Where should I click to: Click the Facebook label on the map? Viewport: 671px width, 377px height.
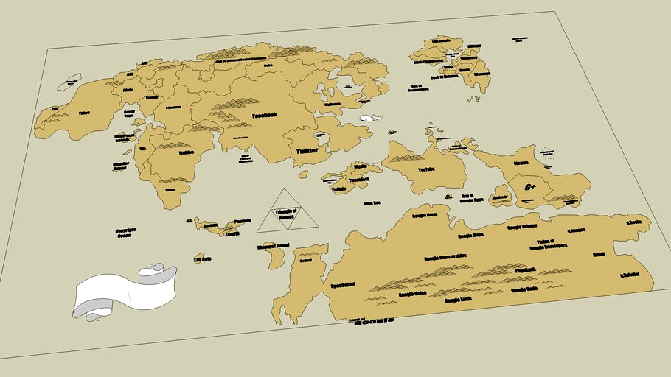(264, 116)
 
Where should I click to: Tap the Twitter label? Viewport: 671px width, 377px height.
(309, 151)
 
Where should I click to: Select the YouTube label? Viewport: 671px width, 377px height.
(426, 169)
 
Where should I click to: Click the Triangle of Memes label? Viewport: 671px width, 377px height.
(284, 214)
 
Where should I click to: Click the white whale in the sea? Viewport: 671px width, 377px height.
(369, 118)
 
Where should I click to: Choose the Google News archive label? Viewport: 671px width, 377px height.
(446, 257)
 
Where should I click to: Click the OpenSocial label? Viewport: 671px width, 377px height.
(343, 284)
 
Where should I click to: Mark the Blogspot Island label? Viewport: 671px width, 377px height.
(273, 245)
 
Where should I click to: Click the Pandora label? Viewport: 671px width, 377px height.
(242, 220)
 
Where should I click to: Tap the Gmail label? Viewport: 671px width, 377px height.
(599, 254)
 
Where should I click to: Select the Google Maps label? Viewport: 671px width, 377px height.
(470, 236)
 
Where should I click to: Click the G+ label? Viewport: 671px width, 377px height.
(529, 188)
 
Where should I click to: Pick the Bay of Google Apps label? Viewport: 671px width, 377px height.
(471, 197)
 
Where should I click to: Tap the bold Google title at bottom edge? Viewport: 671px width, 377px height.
(375, 321)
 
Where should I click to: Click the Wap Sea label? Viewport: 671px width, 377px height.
(372, 203)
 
